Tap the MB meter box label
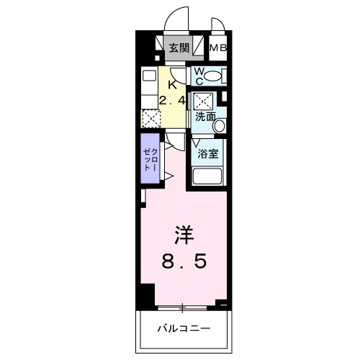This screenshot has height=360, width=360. (x=218, y=49)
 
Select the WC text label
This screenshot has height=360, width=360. (x=199, y=75)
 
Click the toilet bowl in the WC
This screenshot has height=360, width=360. (x=219, y=75)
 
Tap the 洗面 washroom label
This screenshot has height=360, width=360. (x=204, y=116)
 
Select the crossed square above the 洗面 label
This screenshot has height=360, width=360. (x=204, y=100)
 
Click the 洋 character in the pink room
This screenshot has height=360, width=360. (x=184, y=235)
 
